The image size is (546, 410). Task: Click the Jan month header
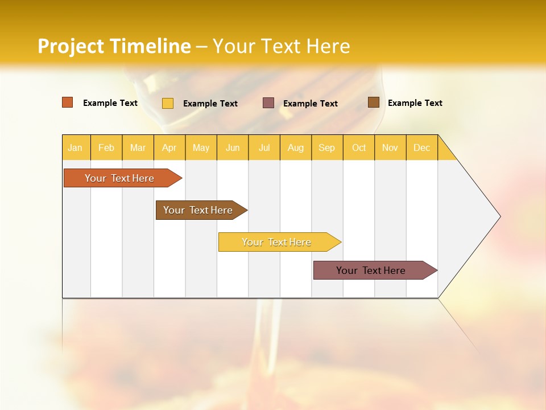click(75, 147)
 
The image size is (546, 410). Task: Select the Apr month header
click(169, 147)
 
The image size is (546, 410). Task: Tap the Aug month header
click(295, 147)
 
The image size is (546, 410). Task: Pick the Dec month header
click(421, 147)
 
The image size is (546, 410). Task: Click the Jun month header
click(233, 147)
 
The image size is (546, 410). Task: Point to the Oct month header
click(359, 147)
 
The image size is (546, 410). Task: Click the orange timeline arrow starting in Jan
click(119, 178)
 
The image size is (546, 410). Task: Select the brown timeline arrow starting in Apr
click(198, 210)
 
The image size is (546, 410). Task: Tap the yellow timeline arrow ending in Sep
click(276, 242)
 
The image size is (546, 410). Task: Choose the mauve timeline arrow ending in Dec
click(371, 270)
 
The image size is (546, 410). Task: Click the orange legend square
click(68, 102)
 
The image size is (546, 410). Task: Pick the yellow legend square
click(168, 103)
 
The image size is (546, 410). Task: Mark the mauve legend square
click(268, 103)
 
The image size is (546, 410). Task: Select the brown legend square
click(374, 102)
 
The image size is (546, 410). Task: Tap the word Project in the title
click(72, 46)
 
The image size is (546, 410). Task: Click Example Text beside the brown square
click(415, 103)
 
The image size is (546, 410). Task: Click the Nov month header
click(390, 147)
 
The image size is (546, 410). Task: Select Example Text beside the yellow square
click(210, 104)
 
